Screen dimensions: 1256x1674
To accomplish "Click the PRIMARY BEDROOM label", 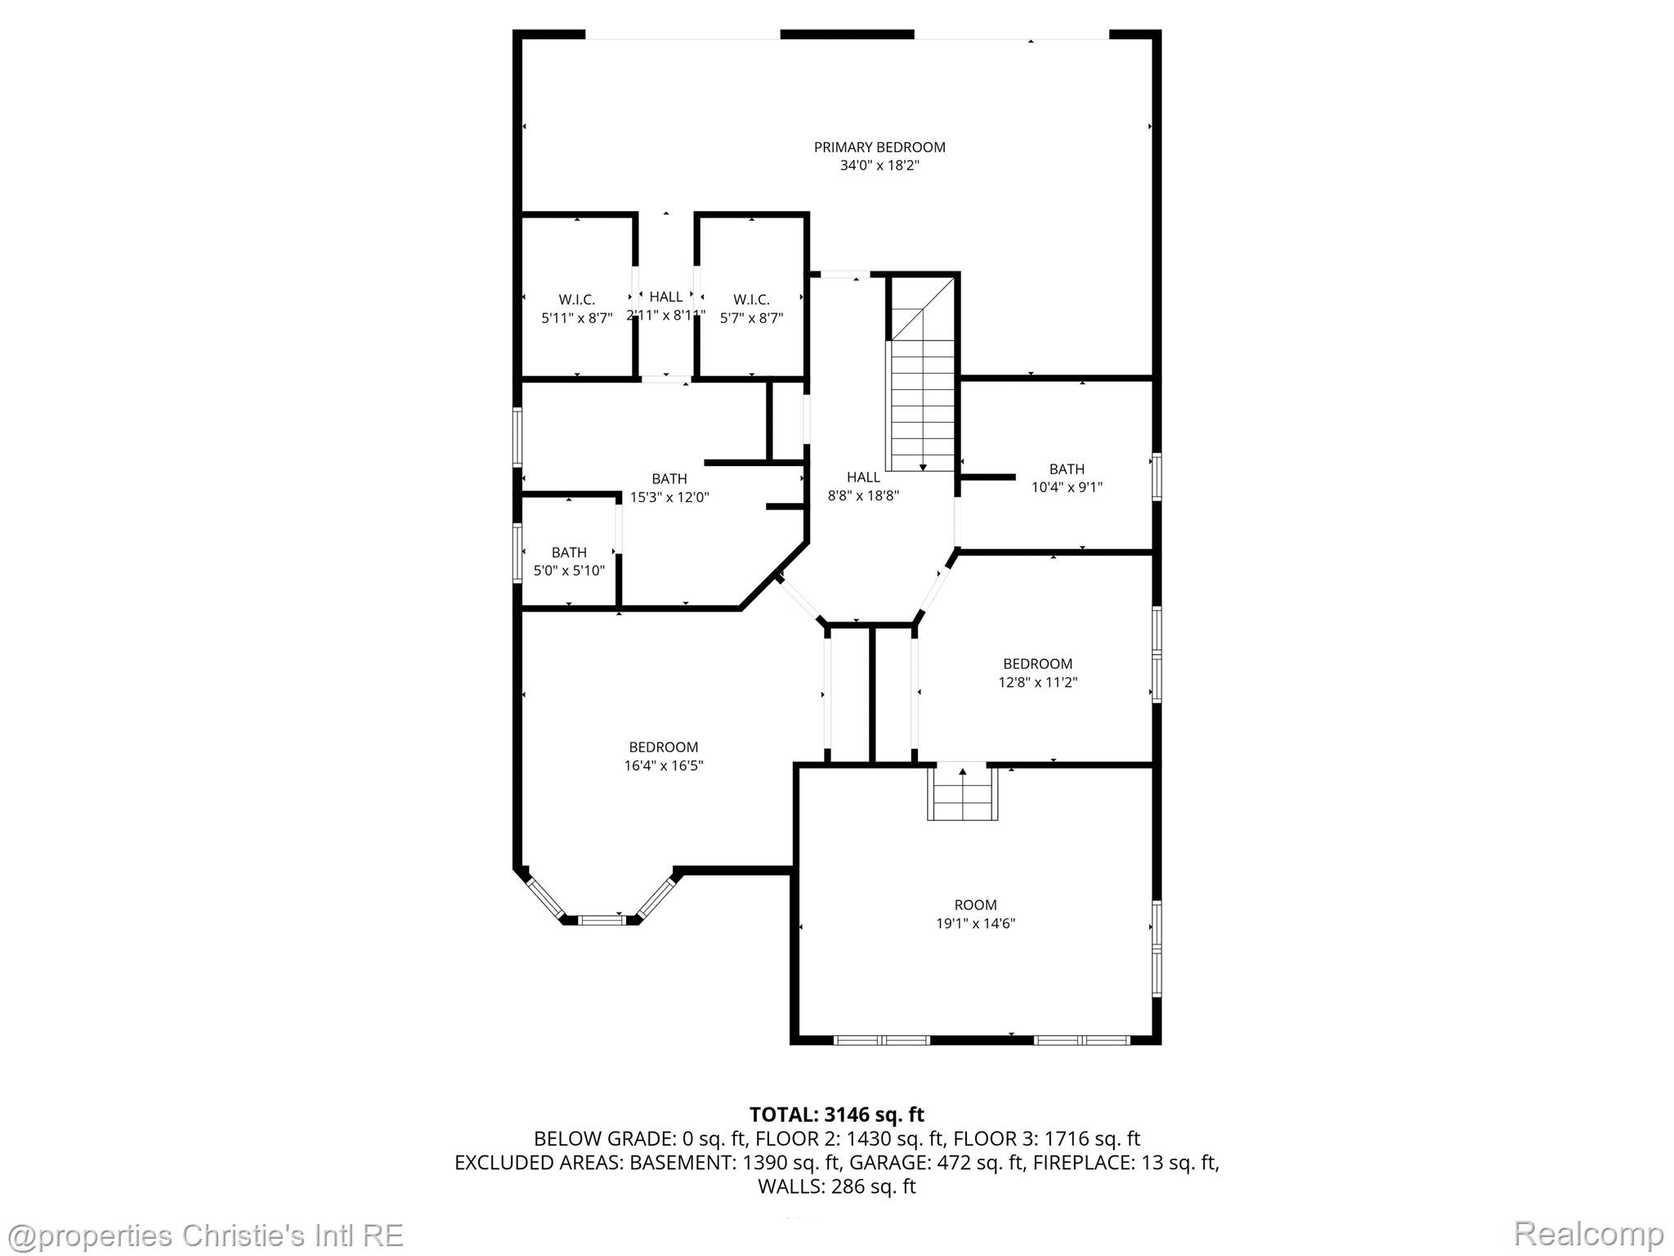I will point(879,147).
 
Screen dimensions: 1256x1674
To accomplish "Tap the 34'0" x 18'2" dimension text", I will point(879,166).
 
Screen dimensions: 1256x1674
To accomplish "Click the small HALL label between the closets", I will point(665,297).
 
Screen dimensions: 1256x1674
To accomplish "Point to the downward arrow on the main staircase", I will point(923,466).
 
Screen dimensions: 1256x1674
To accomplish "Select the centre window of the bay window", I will point(602,920).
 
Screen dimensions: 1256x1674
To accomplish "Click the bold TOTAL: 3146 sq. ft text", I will point(836,1115).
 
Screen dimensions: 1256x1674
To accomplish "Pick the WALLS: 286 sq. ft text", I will point(836,1186).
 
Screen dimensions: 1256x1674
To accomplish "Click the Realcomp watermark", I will point(1588,1233).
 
